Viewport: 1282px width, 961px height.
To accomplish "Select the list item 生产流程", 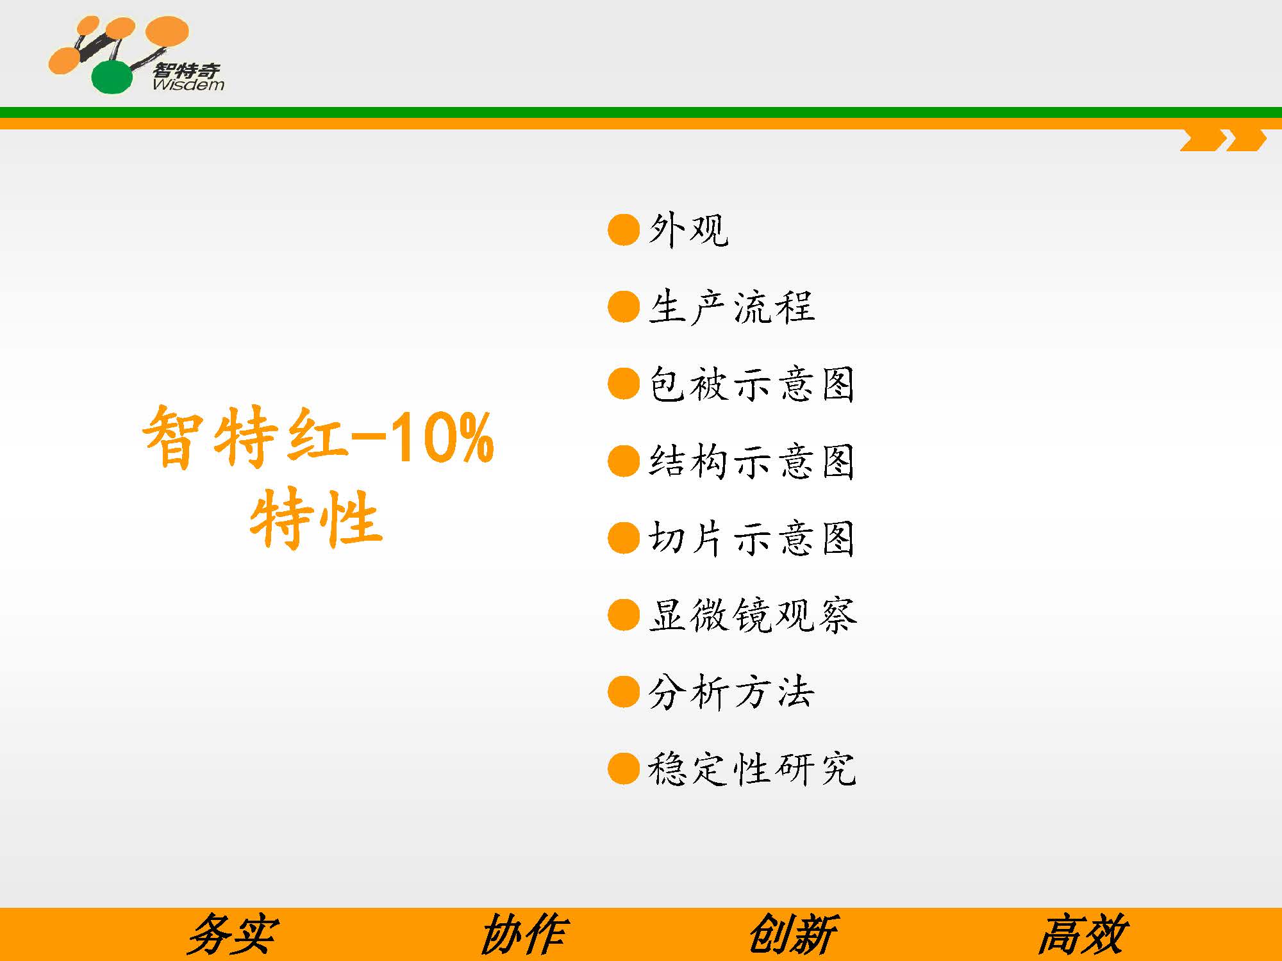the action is (x=731, y=307).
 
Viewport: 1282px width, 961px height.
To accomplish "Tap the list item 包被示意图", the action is (x=752, y=384).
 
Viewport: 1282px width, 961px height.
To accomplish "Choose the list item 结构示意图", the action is (x=752, y=461).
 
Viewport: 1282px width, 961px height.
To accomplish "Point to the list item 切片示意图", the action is (x=752, y=538).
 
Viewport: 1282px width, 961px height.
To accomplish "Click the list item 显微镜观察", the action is (x=752, y=614).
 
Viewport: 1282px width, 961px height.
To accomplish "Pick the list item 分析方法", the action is (x=731, y=692).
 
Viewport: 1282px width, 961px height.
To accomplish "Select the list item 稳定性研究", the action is (x=752, y=768).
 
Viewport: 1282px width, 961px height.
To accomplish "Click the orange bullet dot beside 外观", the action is (x=624, y=230).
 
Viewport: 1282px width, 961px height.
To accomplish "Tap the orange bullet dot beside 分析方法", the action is (x=624, y=692).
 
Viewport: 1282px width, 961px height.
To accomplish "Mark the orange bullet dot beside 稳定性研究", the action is (x=624, y=768).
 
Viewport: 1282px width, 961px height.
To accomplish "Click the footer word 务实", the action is (x=232, y=935).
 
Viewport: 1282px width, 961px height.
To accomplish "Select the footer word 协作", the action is (x=523, y=935).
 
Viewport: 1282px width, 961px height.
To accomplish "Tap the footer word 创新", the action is (x=793, y=935).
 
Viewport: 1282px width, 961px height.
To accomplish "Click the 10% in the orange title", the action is (x=441, y=438).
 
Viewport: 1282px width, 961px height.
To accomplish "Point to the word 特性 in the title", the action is (x=316, y=518).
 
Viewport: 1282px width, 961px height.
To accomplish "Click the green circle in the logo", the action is (x=112, y=77).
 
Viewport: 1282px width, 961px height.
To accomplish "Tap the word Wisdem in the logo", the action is (x=188, y=85).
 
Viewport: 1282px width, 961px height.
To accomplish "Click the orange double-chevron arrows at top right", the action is (x=1223, y=140).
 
